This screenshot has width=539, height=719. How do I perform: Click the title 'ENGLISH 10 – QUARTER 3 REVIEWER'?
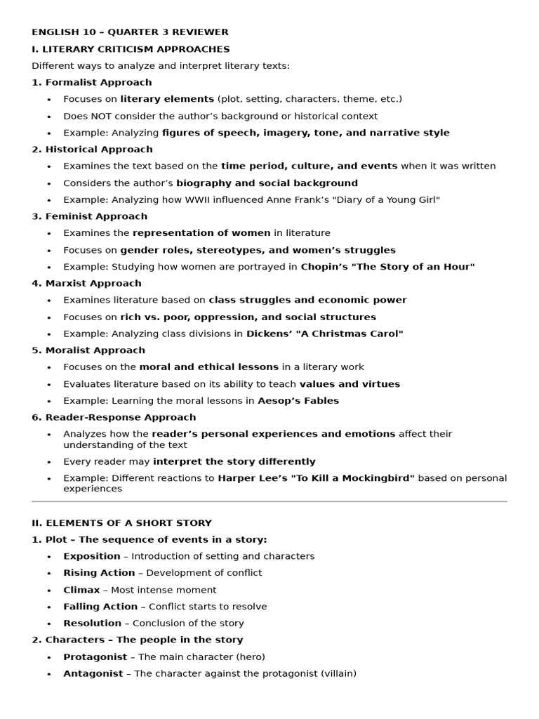pos(130,32)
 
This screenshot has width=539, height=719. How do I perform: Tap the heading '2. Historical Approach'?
pos(92,150)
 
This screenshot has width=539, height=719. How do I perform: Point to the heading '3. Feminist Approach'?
pos(89,216)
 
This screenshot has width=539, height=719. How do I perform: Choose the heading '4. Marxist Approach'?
pos(86,284)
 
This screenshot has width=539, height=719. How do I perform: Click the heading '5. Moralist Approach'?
pos(88,350)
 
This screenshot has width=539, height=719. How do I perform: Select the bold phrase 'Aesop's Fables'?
pos(298,401)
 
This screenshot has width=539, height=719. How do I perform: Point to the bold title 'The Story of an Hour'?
pos(414,267)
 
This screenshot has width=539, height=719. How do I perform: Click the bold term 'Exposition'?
pos(91,556)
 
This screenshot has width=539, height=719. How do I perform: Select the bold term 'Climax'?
pos(81,590)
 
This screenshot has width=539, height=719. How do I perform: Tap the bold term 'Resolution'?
pos(92,624)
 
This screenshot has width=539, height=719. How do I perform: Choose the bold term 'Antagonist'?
pos(93,674)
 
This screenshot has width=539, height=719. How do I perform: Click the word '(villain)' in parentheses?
pos(338,674)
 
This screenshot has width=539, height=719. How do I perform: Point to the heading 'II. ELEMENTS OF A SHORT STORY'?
pos(121,523)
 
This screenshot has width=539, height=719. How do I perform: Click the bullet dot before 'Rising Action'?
pos(49,574)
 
